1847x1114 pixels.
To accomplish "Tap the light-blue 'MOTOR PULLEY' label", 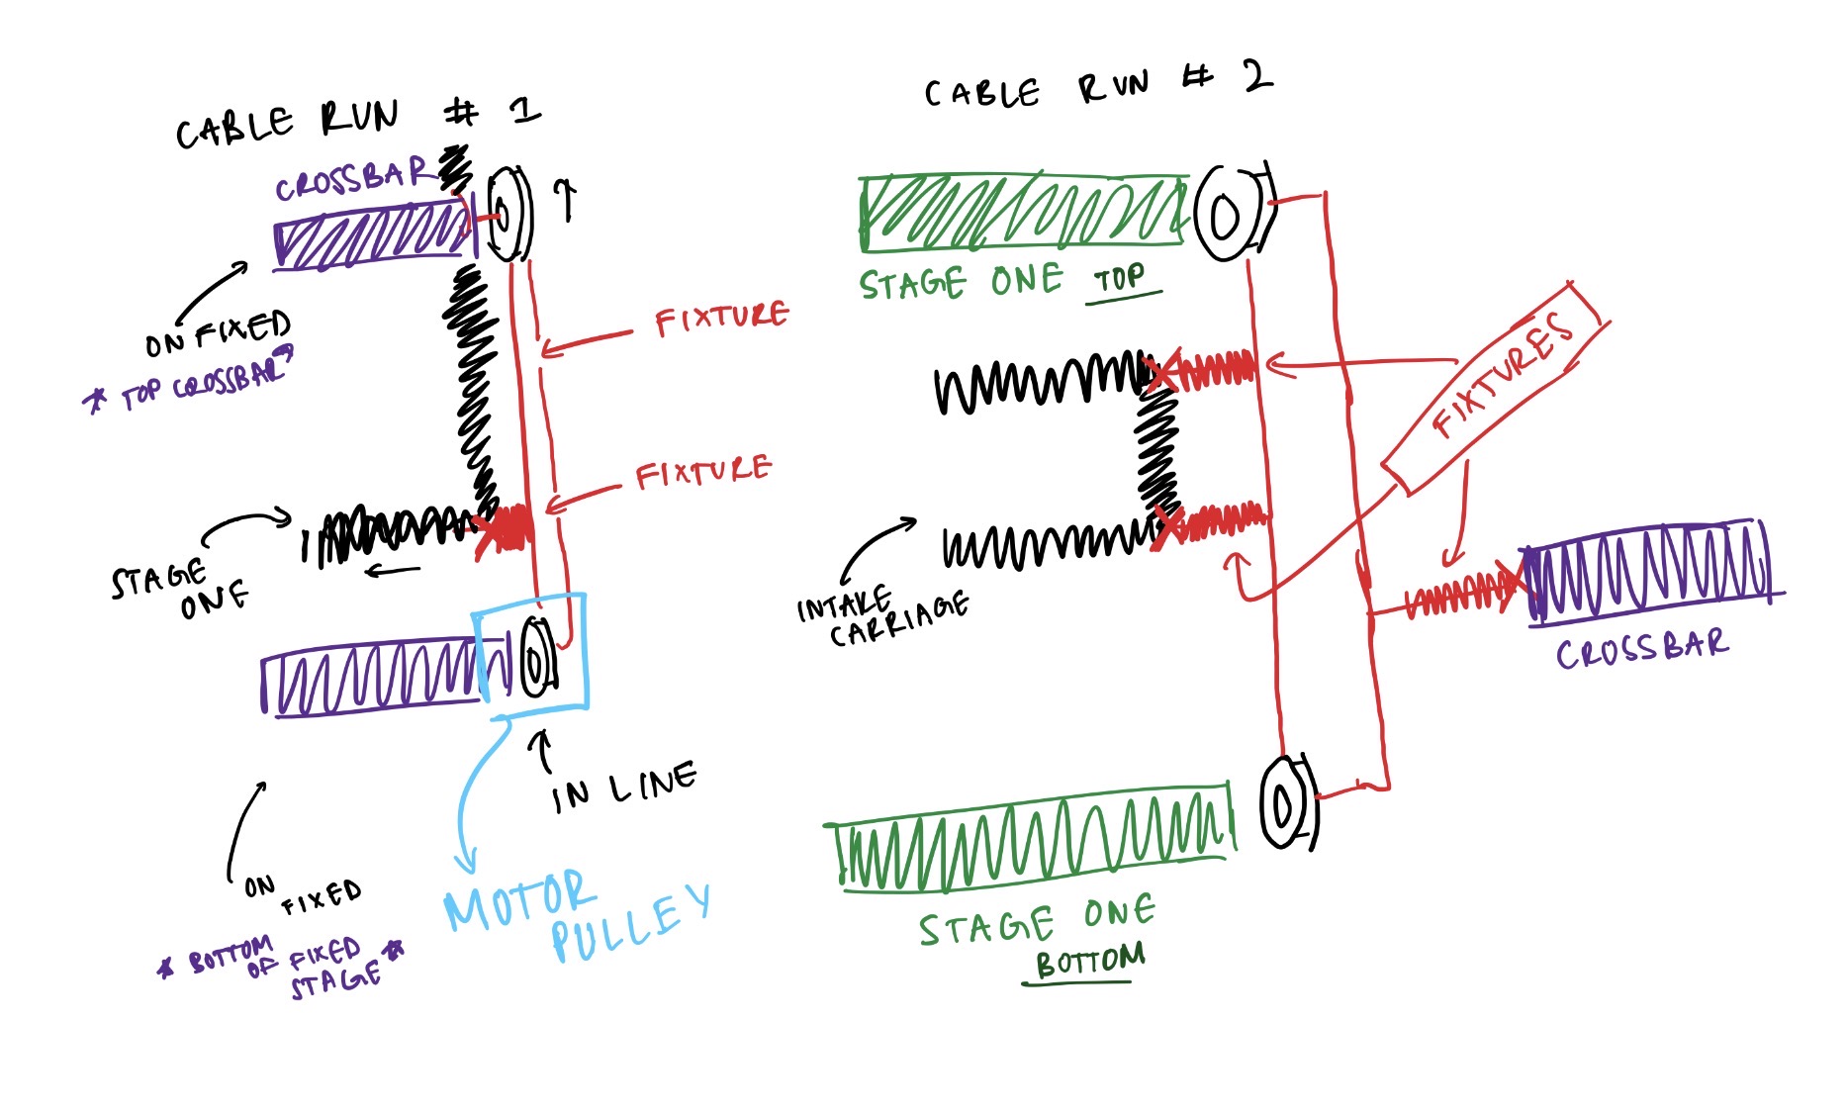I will [574, 915].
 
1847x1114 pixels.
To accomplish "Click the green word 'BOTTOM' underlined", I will [1088, 961].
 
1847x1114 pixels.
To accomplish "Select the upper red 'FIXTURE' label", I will [721, 319].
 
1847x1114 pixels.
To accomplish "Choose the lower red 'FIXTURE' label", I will [701, 473].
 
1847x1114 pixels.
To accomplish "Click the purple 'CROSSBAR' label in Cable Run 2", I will [1641, 650].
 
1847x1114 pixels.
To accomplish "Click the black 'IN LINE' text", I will [623, 787].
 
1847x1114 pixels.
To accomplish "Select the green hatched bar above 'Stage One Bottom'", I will [1029, 841].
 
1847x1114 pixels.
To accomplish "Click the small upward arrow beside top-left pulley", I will [566, 198].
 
